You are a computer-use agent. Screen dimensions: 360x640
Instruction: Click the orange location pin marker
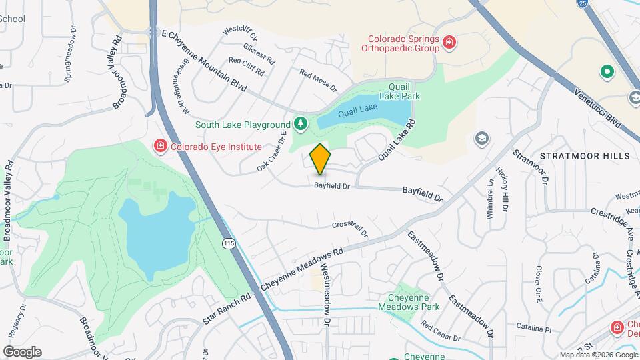(320, 159)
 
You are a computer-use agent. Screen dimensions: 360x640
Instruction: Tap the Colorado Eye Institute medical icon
(160, 146)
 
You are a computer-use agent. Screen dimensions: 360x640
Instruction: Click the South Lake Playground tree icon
(301, 124)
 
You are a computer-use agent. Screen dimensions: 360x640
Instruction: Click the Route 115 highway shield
(229, 245)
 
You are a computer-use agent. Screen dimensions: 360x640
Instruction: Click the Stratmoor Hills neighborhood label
(585, 156)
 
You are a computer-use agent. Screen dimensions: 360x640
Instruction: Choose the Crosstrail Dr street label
(349, 227)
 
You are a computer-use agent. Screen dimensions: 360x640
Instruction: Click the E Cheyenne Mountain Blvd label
(204, 61)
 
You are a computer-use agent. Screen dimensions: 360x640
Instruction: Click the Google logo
(22, 351)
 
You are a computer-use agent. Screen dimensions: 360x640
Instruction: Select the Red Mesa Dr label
(318, 81)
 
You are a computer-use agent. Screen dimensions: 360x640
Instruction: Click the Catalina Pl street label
(534, 329)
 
